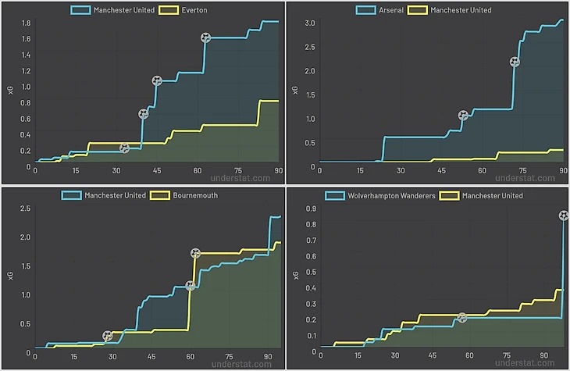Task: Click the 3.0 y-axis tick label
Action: point(308,23)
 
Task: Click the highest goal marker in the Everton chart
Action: point(205,37)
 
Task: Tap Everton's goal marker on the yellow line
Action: point(124,148)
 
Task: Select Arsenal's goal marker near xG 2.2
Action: point(514,62)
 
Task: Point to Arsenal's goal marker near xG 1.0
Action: point(463,116)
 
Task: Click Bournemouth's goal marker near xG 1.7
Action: point(195,252)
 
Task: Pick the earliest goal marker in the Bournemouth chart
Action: point(108,336)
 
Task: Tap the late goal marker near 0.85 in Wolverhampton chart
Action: point(563,216)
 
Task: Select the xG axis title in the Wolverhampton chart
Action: point(295,273)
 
